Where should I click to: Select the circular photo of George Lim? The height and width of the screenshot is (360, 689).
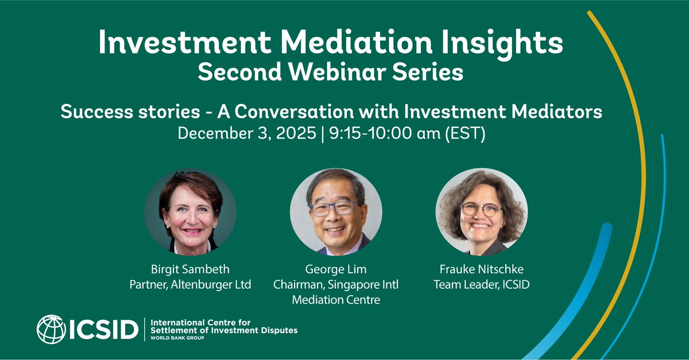click(x=336, y=212)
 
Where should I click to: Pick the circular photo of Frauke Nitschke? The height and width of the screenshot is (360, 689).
click(x=481, y=212)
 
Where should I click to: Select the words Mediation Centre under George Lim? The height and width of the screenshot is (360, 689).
click(x=336, y=299)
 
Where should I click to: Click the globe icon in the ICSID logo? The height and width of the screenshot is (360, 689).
click(x=51, y=329)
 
